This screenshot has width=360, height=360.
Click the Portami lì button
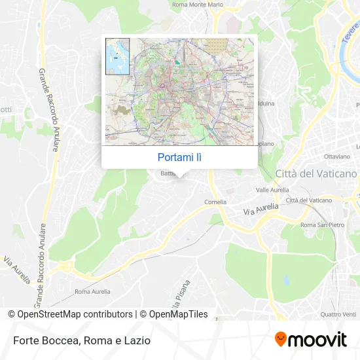pyautogui.click(x=180, y=157)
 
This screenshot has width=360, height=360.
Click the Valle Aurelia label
pyautogui.click(x=272, y=189)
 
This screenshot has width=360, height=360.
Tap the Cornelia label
pyautogui.click(x=215, y=202)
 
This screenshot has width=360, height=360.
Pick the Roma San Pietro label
pyautogui.click(x=321, y=225)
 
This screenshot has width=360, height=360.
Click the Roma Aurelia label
pyautogui.click(x=92, y=291)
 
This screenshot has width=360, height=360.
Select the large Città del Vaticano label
pyautogui.click(x=317, y=173)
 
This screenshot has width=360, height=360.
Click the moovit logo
pyautogui.click(x=311, y=340)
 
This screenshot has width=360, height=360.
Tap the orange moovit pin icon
pyautogui.click(x=281, y=340)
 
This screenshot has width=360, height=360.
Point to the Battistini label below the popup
pyautogui.click(x=168, y=173)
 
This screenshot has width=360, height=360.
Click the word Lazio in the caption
pyautogui.click(x=138, y=340)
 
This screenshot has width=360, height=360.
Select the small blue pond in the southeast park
pyautogui.click(x=286, y=281)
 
